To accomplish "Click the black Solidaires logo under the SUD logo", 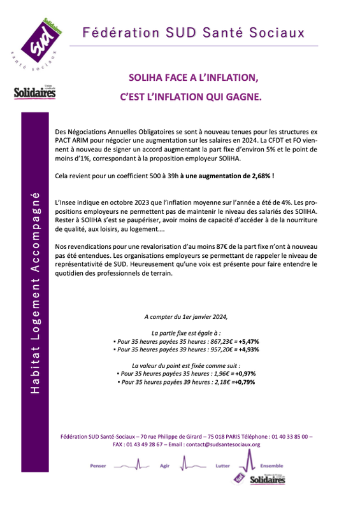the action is [x=34, y=94].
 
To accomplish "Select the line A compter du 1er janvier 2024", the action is [x=185, y=316].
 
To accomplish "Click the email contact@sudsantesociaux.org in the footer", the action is [x=220, y=444].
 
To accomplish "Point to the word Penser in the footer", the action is [x=99, y=465].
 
